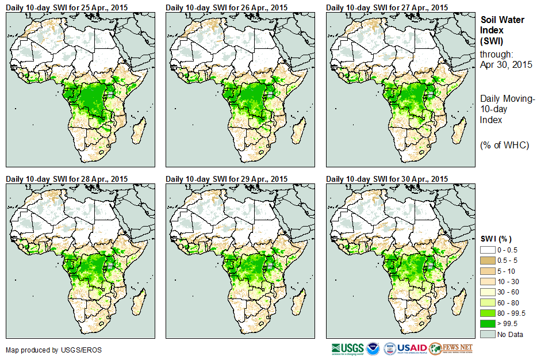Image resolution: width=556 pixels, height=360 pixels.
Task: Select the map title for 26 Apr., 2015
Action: pos(227,7)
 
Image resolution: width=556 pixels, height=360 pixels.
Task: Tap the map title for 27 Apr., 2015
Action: pos(386,7)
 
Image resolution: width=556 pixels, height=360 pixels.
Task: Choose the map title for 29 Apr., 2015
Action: pos(227,179)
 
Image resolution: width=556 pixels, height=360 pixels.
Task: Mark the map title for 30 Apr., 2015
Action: pos(386,179)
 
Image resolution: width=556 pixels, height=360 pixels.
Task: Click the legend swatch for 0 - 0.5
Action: pos(488,250)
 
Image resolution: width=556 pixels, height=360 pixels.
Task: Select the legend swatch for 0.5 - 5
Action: pos(488,260)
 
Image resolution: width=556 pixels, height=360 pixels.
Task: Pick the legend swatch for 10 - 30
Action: pos(488,282)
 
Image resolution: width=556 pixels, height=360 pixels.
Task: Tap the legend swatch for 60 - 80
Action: pos(488,302)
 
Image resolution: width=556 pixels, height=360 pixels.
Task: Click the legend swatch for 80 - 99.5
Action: pos(488,313)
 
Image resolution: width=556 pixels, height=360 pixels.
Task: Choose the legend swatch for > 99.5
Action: pos(488,324)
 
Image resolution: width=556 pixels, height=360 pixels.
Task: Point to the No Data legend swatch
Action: pos(488,334)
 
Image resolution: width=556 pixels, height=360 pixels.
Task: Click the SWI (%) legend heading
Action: pos(496,239)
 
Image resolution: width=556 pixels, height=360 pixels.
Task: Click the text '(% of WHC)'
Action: pos(504,145)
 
